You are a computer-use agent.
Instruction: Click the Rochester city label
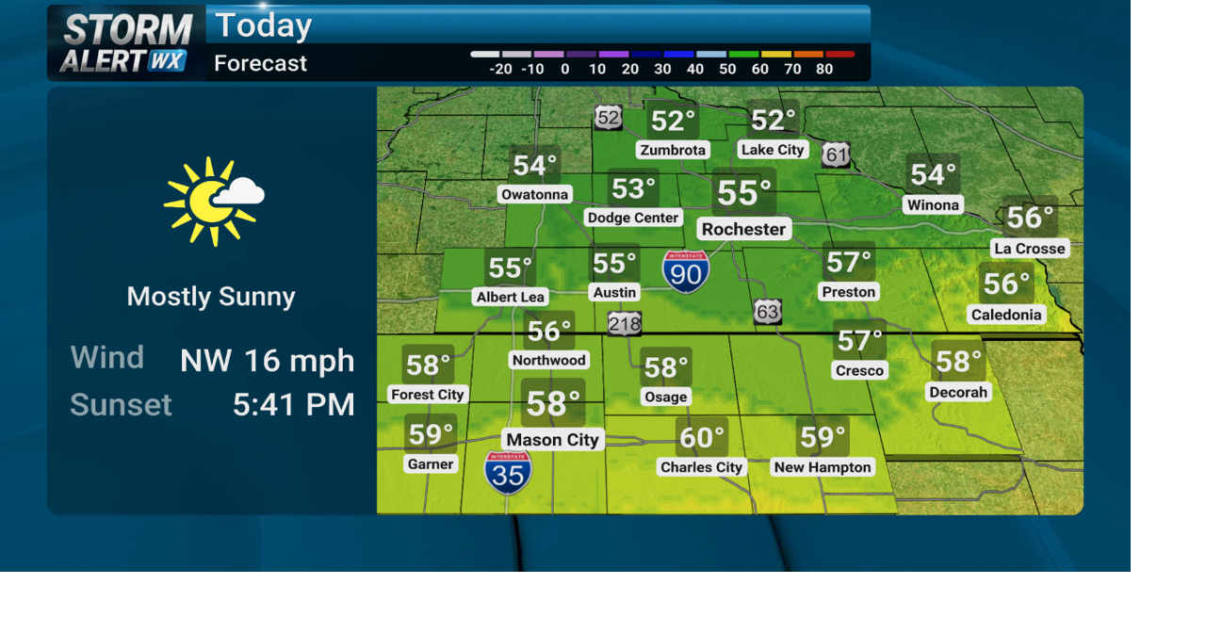pyautogui.click(x=743, y=229)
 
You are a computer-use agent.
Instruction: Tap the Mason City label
pyautogui.click(x=552, y=440)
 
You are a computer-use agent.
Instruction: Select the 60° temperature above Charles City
pyautogui.click(x=701, y=437)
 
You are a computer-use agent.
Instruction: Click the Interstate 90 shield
pyautogui.click(x=686, y=271)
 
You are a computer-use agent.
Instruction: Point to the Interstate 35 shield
pyautogui.click(x=508, y=472)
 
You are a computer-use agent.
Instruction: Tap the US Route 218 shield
pyautogui.click(x=624, y=324)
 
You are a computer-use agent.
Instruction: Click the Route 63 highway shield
pyautogui.click(x=767, y=312)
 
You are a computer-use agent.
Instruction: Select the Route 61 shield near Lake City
pyautogui.click(x=836, y=155)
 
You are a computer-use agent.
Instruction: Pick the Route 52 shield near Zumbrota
pyautogui.click(x=609, y=118)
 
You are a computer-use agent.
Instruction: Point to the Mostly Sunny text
pyautogui.click(x=211, y=297)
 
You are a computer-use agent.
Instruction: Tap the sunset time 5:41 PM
pyautogui.click(x=293, y=405)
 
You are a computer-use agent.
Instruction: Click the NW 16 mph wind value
pyautogui.click(x=268, y=360)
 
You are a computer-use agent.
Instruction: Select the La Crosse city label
pyautogui.click(x=1029, y=249)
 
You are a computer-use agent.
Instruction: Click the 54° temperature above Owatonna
pyautogui.click(x=534, y=166)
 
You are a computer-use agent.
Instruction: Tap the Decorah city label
pyautogui.click(x=958, y=392)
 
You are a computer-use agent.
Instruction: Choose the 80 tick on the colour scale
pyautogui.click(x=824, y=70)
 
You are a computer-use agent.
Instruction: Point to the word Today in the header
pyautogui.click(x=263, y=25)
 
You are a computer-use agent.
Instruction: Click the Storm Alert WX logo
pyautogui.click(x=126, y=43)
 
